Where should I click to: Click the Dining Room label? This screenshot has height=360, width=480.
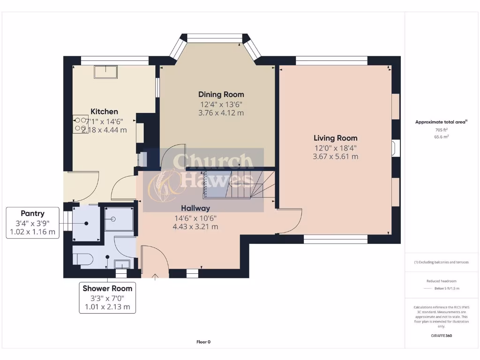(x=221, y=94)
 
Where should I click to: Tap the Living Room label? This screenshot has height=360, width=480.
(x=335, y=138)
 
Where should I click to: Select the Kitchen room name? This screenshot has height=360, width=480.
(x=104, y=112)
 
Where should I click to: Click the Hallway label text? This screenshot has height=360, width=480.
(x=195, y=208)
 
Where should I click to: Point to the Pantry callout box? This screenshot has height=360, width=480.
(x=32, y=223)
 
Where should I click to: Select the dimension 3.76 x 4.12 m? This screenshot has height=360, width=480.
(x=221, y=113)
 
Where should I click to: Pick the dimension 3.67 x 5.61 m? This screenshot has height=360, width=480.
(x=335, y=157)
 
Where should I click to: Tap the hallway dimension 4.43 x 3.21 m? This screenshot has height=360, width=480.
(x=195, y=227)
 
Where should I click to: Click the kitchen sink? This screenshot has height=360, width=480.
(x=106, y=71)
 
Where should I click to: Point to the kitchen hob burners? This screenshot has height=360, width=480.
(x=79, y=124)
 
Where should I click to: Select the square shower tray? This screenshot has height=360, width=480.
(x=120, y=219)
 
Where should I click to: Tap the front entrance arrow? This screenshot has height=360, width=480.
(x=155, y=274)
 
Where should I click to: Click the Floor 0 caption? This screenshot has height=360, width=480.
(x=203, y=342)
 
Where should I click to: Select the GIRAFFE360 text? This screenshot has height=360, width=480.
(x=441, y=336)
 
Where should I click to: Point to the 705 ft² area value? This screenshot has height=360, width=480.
(x=441, y=129)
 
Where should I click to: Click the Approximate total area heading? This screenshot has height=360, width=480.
(x=441, y=122)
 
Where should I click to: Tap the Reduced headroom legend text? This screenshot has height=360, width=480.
(x=441, y=281)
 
